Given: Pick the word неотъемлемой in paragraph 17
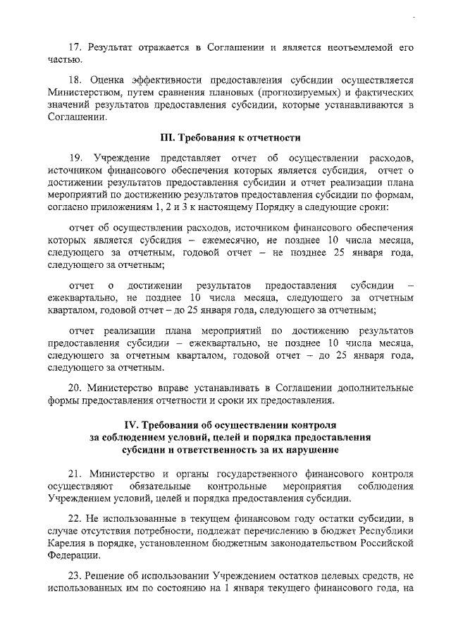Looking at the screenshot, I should click(359, 48).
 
